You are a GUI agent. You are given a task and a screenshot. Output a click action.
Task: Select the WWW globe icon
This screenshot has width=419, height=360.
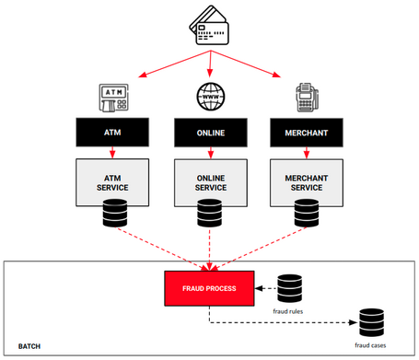tap(211, 95)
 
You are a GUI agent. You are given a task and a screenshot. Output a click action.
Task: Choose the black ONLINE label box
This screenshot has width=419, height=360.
tap(212, 134)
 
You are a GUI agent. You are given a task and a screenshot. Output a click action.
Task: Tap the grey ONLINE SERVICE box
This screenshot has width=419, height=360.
tap(212, 181)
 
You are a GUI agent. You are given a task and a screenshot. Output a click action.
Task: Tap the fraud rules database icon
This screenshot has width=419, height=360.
tap(290, 287)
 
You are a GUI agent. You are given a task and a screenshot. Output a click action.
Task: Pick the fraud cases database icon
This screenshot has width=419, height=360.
tap(371, 322)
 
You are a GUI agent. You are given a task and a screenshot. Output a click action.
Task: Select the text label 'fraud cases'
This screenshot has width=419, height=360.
tap(371, 346)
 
